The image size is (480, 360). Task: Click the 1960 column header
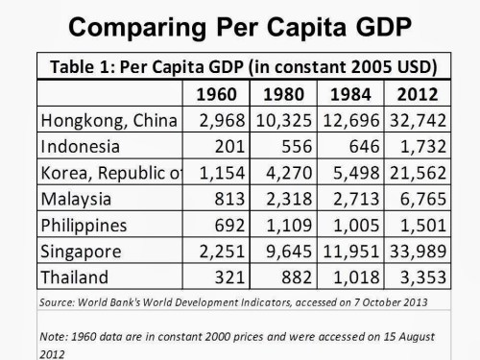tap(216, 95)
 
